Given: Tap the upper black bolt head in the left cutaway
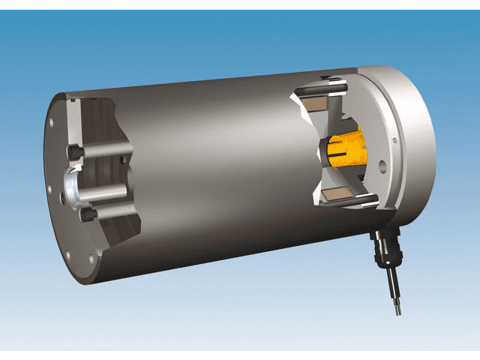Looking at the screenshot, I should pyautogui.click(x=75, y=152).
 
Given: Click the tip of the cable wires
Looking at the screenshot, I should pyautogui.click(x=397, y=308).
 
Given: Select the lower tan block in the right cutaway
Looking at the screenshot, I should pyautogui.click(x=334, y=196).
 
